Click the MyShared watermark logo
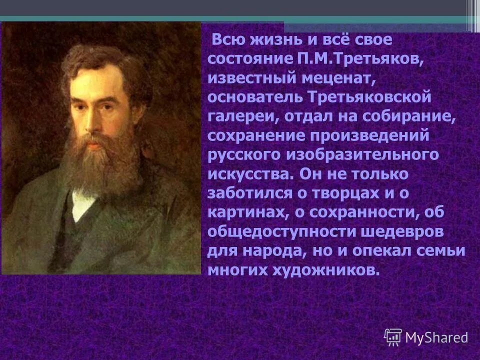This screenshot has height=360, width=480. tap(426, 336)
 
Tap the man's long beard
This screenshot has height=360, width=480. tap(100, 160)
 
